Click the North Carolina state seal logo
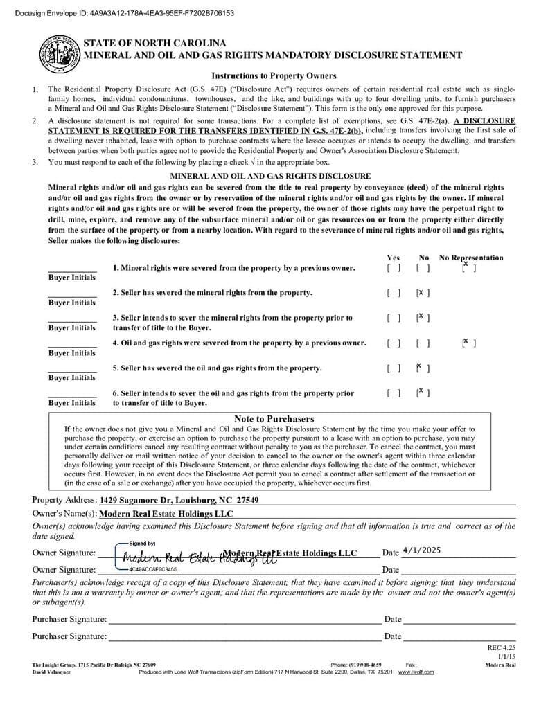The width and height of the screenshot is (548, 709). [x=59, y=55]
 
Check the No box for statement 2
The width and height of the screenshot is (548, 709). [x=423, y=293]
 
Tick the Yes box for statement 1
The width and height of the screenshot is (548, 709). [x=394, y=268]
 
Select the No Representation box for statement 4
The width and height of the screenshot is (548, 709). [x=469, y=343]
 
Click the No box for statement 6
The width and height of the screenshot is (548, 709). [x=423, y=393]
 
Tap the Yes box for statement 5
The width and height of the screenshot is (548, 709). [x=394, y=368]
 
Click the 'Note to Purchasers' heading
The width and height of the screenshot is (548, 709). [x=274, y=419]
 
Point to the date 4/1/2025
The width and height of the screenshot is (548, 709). [x=421, y=551]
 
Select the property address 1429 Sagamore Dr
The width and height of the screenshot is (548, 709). [x=179, y=500]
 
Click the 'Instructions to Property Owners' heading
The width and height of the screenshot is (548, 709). [x=274, y=76]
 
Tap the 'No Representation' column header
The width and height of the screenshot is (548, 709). [x=471, y=258]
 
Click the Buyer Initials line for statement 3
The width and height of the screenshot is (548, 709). [x=72, y=320]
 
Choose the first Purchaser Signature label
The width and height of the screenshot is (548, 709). [x=69, y=619]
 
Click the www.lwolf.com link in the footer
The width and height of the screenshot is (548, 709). [x=416, y=672]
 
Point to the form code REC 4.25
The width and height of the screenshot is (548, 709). [x=502, y=647]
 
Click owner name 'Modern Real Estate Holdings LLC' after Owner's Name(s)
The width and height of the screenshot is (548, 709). [x=166, y=514]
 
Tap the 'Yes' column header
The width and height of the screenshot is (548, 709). [x=393, y=258]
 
